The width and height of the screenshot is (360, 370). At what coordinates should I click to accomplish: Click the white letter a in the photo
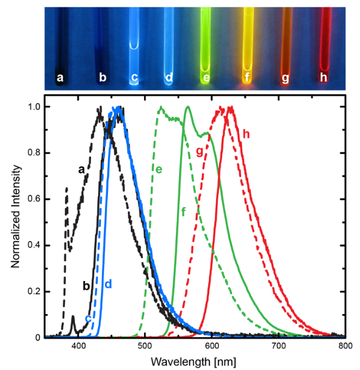[59, 77]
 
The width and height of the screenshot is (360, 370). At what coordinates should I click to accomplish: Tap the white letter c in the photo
[135, 77]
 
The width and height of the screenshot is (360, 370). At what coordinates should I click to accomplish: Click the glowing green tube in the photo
[208, 42]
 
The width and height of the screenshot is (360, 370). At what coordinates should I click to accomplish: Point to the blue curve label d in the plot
[109, 283]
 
